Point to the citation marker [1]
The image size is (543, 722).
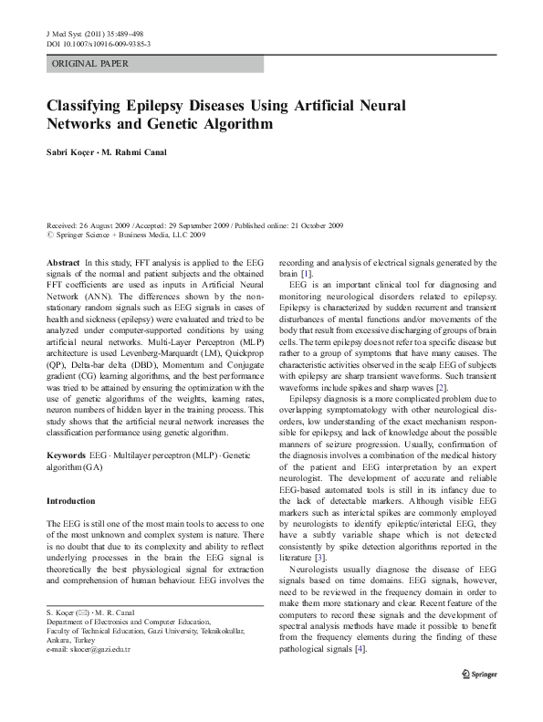click(308, 274)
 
